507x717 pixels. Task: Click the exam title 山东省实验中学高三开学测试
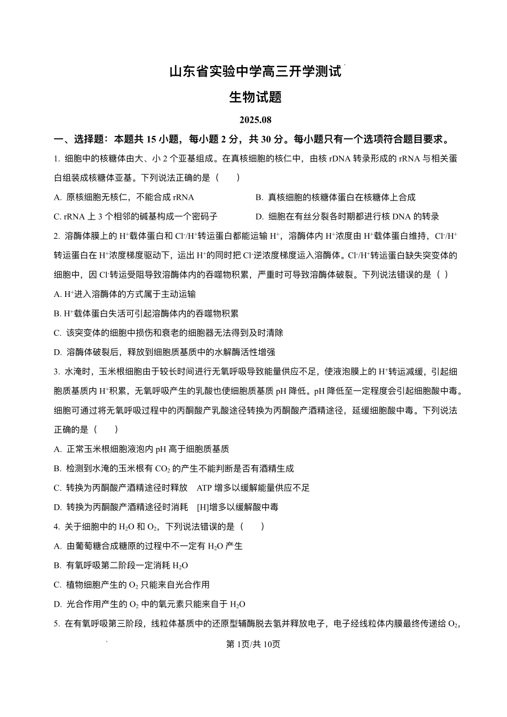(x=255, y=71)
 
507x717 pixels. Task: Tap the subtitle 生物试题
(x=255, y=97)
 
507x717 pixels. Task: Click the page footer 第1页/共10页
(x=253, y=644)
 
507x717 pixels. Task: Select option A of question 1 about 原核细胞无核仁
(x=124, y=197)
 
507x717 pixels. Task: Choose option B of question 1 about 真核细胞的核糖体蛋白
(x=335, y=197)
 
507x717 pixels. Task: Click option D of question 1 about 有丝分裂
(x=347, y=216)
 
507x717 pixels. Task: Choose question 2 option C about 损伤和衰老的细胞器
(x=169, y=333)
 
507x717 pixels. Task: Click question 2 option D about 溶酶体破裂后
(x=164, y=352)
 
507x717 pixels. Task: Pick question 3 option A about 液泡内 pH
(x=141, y=449)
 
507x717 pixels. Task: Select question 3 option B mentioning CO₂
(x=174, y=469)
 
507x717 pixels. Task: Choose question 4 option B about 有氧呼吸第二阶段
(x=121, y=565)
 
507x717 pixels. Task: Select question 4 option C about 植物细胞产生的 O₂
(x=132, y=585)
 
